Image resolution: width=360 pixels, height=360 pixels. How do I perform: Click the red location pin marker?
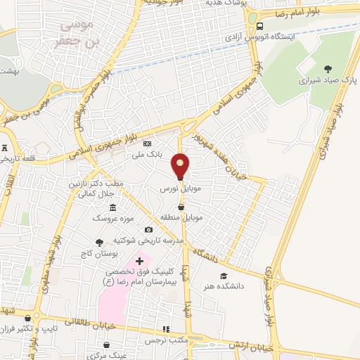(x=181, y=166)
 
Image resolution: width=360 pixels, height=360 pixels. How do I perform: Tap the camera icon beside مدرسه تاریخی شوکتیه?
(x=148, y=229)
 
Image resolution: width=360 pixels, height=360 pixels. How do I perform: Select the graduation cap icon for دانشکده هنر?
(x=224, y=276)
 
